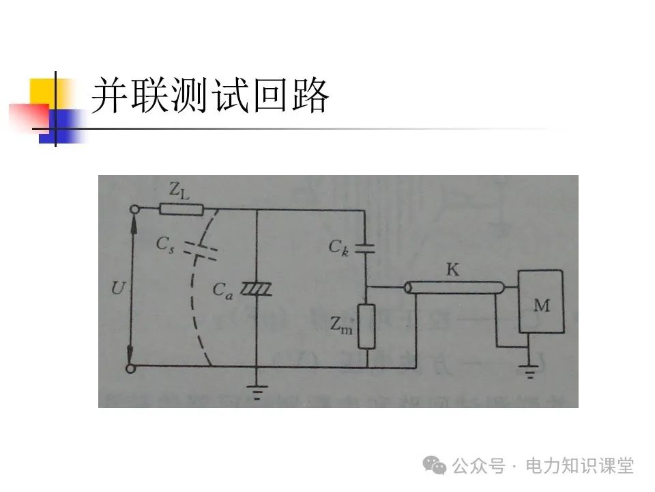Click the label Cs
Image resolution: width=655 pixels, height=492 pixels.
[166, 243]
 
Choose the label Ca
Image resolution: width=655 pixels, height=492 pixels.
[222, 290]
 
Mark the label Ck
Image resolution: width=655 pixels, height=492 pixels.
[338, 247]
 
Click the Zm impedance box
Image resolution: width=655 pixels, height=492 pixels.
[366, 327]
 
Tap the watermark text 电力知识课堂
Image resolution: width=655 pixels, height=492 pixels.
[579, 466]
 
